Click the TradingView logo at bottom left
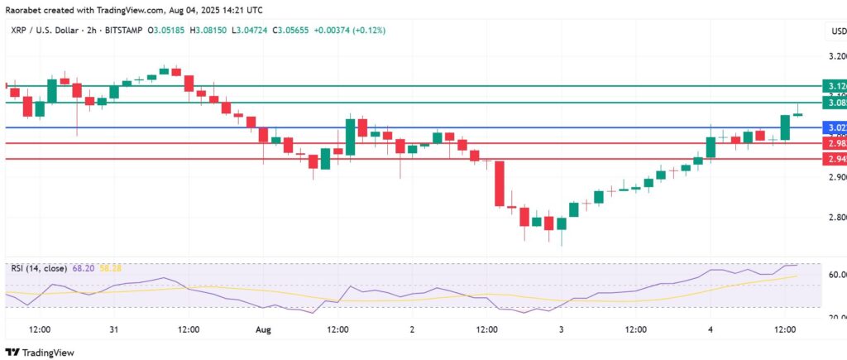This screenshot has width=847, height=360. coord(40,352)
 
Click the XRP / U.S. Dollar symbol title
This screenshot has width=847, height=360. coord(43,31)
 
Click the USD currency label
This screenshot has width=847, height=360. coord(837,31)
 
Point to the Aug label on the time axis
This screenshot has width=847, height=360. coord(263,329)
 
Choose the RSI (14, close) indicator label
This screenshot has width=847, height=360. coord(41,268)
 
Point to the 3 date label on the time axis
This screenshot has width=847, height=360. coord(562,329)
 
